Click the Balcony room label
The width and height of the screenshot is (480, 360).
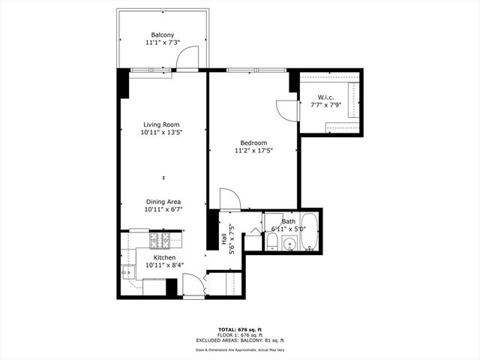point(163,35)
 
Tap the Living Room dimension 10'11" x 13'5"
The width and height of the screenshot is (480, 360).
point(162,133)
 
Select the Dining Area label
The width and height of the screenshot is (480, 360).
point(163,202)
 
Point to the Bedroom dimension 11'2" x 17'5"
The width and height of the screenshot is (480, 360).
point(253,151)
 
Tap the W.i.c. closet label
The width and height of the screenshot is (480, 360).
point(325,97)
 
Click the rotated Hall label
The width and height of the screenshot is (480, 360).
point(224,239)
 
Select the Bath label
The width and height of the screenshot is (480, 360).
point(289,222)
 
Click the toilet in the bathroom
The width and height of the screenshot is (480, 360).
point(272,243)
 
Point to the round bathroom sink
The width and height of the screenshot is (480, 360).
point(289,243)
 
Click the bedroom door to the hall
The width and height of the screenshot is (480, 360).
point(229,199)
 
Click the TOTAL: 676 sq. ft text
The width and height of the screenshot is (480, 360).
point(239,329)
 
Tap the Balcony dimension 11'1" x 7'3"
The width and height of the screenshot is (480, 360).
point(163,43)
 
